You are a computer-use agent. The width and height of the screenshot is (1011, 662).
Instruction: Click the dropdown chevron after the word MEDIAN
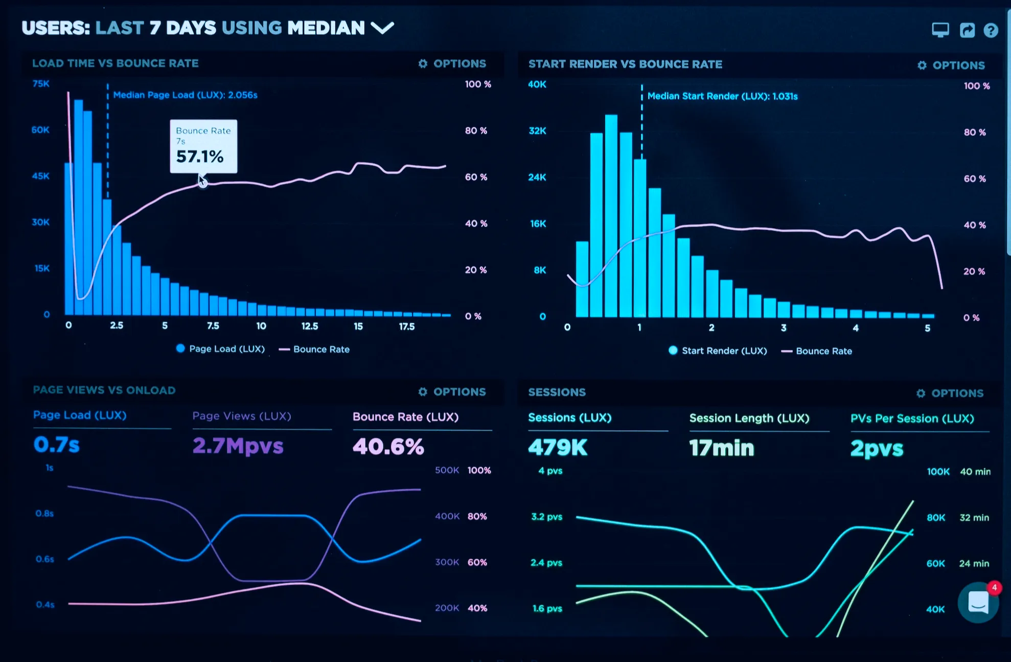tap(382, 28)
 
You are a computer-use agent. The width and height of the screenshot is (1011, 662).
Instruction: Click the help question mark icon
tap(991, 31)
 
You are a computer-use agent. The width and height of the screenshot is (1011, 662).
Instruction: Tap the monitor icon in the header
tap(940, 30)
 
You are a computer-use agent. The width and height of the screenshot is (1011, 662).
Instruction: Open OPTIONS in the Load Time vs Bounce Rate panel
tap(452, 64)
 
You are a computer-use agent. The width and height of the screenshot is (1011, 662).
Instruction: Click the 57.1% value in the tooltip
tap(200, 157)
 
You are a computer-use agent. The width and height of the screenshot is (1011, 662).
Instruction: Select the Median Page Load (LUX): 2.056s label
tap(185, 95)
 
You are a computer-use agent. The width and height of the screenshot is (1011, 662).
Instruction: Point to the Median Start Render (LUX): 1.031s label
tap(722, 96)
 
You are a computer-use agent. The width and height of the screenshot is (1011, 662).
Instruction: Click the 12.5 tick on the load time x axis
tap(309, 326)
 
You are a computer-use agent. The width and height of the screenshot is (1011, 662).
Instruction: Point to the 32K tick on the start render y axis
tap(537, 131)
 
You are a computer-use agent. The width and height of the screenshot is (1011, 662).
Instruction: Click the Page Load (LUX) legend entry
tap(220, 349)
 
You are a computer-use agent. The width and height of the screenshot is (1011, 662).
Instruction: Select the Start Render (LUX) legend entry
tap(718, 351)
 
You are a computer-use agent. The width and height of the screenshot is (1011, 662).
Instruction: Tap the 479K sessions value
tap(558, 448)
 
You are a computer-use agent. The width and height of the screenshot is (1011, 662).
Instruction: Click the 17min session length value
tap(721, 448)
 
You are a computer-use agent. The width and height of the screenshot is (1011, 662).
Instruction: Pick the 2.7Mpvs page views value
tap(238, 446)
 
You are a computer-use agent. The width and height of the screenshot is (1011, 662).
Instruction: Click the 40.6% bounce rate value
tap(388, 447)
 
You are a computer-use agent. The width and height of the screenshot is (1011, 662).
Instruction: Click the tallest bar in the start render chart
tap(611, 215)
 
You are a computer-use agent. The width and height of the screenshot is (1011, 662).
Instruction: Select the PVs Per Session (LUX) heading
tap(912, 418)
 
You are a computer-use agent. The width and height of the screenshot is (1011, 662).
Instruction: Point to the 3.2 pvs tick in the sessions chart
tap(546, 517)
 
